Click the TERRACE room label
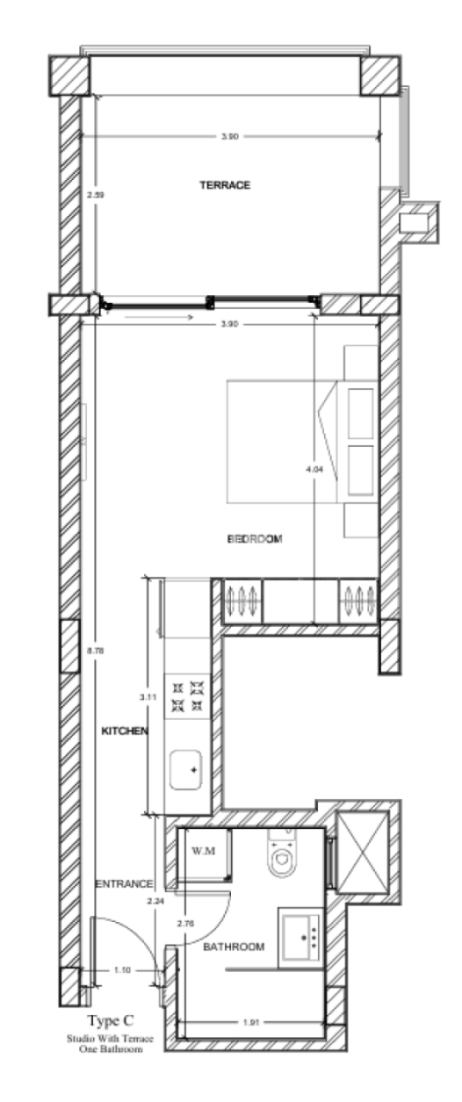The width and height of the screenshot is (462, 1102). click(x=225, y=185)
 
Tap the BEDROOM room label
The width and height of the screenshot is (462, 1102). click(x=255, y=539)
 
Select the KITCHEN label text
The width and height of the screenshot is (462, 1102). click(x=126, y=731)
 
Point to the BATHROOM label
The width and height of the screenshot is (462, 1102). click(x=233, y=947)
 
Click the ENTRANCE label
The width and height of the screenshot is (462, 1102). click(x=123, y=884)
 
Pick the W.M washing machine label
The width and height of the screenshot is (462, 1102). click(x=203, y=851)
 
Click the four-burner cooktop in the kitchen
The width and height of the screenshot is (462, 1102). click(x=188, y=696)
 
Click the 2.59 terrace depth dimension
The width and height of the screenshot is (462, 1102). click(x=95, y=195)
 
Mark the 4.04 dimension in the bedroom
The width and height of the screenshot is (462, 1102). click(x=314, y=470)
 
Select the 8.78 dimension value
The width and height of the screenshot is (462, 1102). click(x=95, y=651)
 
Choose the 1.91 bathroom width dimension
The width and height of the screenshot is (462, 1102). click(x=252, y=1023)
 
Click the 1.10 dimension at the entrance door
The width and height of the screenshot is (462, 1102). click(x=122, y=970)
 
